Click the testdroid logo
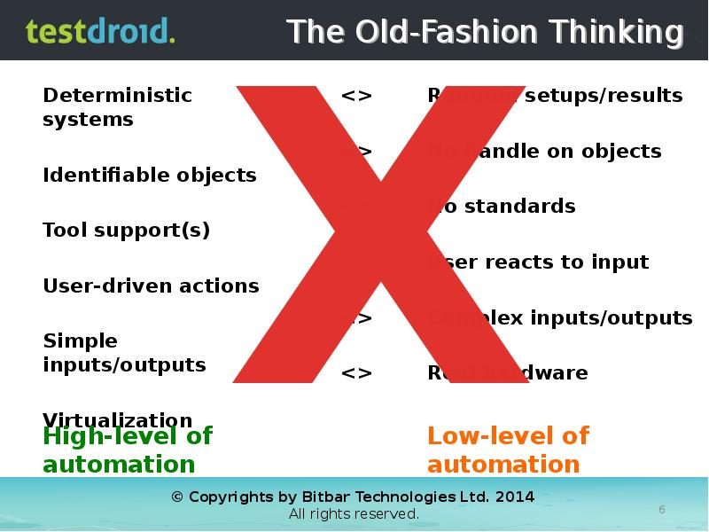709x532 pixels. pos(100,31)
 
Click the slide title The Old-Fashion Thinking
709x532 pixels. pos(486,32)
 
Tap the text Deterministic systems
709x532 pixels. pos(117,106)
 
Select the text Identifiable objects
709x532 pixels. pos(149,175)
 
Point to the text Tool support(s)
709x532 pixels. pos(126,231)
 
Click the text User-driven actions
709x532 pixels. pos(151,286)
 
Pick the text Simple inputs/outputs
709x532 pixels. pos(124,353)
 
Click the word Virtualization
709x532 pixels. pos(117,419)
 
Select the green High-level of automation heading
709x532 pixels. pos(128,450)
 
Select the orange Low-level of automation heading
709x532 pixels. pos(508,450)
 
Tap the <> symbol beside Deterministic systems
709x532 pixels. pos(356,95)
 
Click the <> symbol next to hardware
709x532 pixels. pos(356,372)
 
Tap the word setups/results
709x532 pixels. pos(603,95)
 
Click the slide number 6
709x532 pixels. pos(661,508)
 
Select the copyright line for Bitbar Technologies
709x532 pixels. pos(353,497)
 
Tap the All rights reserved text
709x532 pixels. pos(353,514)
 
